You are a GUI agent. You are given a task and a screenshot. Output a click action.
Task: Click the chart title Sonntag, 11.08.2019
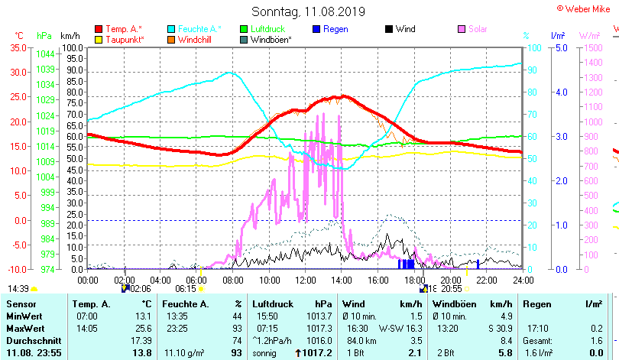[308, 12]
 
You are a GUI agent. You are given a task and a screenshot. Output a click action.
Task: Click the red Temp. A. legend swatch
[99, 29]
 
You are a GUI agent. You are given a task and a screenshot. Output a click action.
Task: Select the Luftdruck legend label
[268, 29]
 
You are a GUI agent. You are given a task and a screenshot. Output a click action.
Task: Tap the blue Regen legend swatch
[317, 29]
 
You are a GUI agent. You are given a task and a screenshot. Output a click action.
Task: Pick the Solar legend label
[478, 29]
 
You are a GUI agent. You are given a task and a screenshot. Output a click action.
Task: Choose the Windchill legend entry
[195, 39]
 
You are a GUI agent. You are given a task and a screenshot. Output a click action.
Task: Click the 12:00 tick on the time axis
[305, 280]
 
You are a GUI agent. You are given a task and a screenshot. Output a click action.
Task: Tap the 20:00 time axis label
[451, 280]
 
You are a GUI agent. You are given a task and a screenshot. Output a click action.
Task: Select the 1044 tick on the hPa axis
[45, 54]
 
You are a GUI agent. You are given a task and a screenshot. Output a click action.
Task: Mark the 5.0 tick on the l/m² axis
[559, 47]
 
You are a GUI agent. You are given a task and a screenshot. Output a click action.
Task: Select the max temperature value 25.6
[142, 328]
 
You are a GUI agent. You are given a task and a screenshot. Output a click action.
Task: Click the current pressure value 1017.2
[318, 352]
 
